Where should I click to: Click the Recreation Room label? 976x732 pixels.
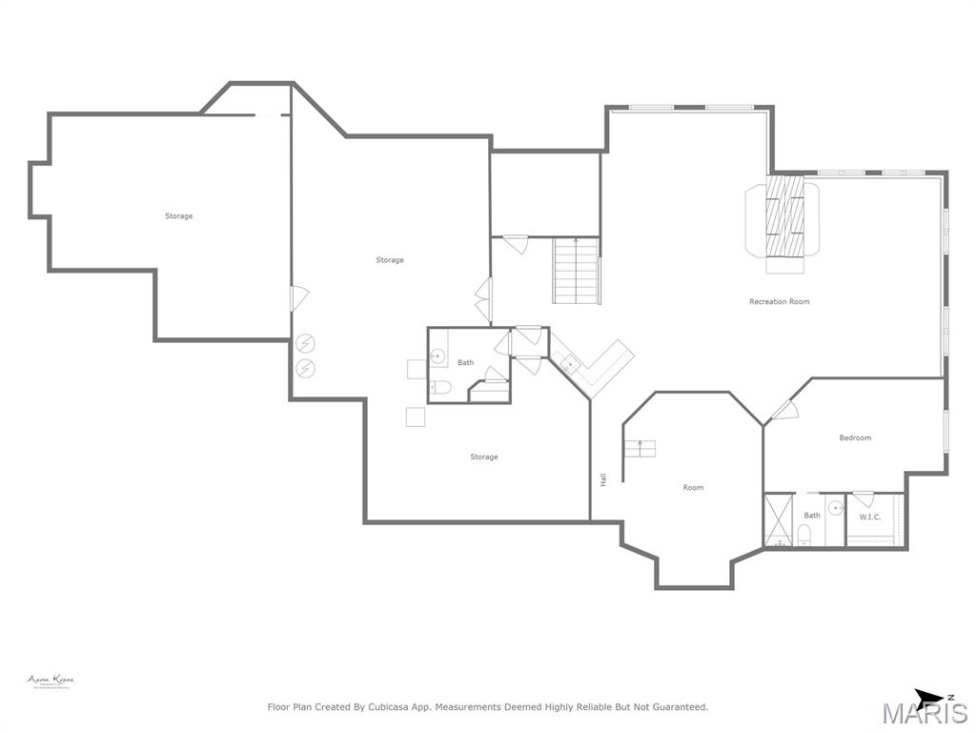tap(779, 301)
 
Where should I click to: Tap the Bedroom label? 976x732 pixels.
tap(855, 437)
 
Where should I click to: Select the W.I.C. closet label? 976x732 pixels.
tap(869, 517)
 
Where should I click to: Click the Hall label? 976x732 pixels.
tap(603, 480)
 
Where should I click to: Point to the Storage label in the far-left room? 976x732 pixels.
tap(178, 216)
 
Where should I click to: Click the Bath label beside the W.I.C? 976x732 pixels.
tap(811, 516)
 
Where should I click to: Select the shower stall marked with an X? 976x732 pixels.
tap(779, 520)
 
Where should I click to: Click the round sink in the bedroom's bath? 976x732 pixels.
tap(835, 508)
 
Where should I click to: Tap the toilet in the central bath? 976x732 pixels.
tap(439, 387)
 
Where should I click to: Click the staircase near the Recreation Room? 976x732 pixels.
tap(576, 271)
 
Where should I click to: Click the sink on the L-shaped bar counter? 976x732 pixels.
tap(568, 361)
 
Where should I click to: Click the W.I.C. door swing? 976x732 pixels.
tap(864, 498)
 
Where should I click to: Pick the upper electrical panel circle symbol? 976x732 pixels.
tap(306, 343)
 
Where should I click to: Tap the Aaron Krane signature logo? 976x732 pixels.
tap(50, 681)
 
